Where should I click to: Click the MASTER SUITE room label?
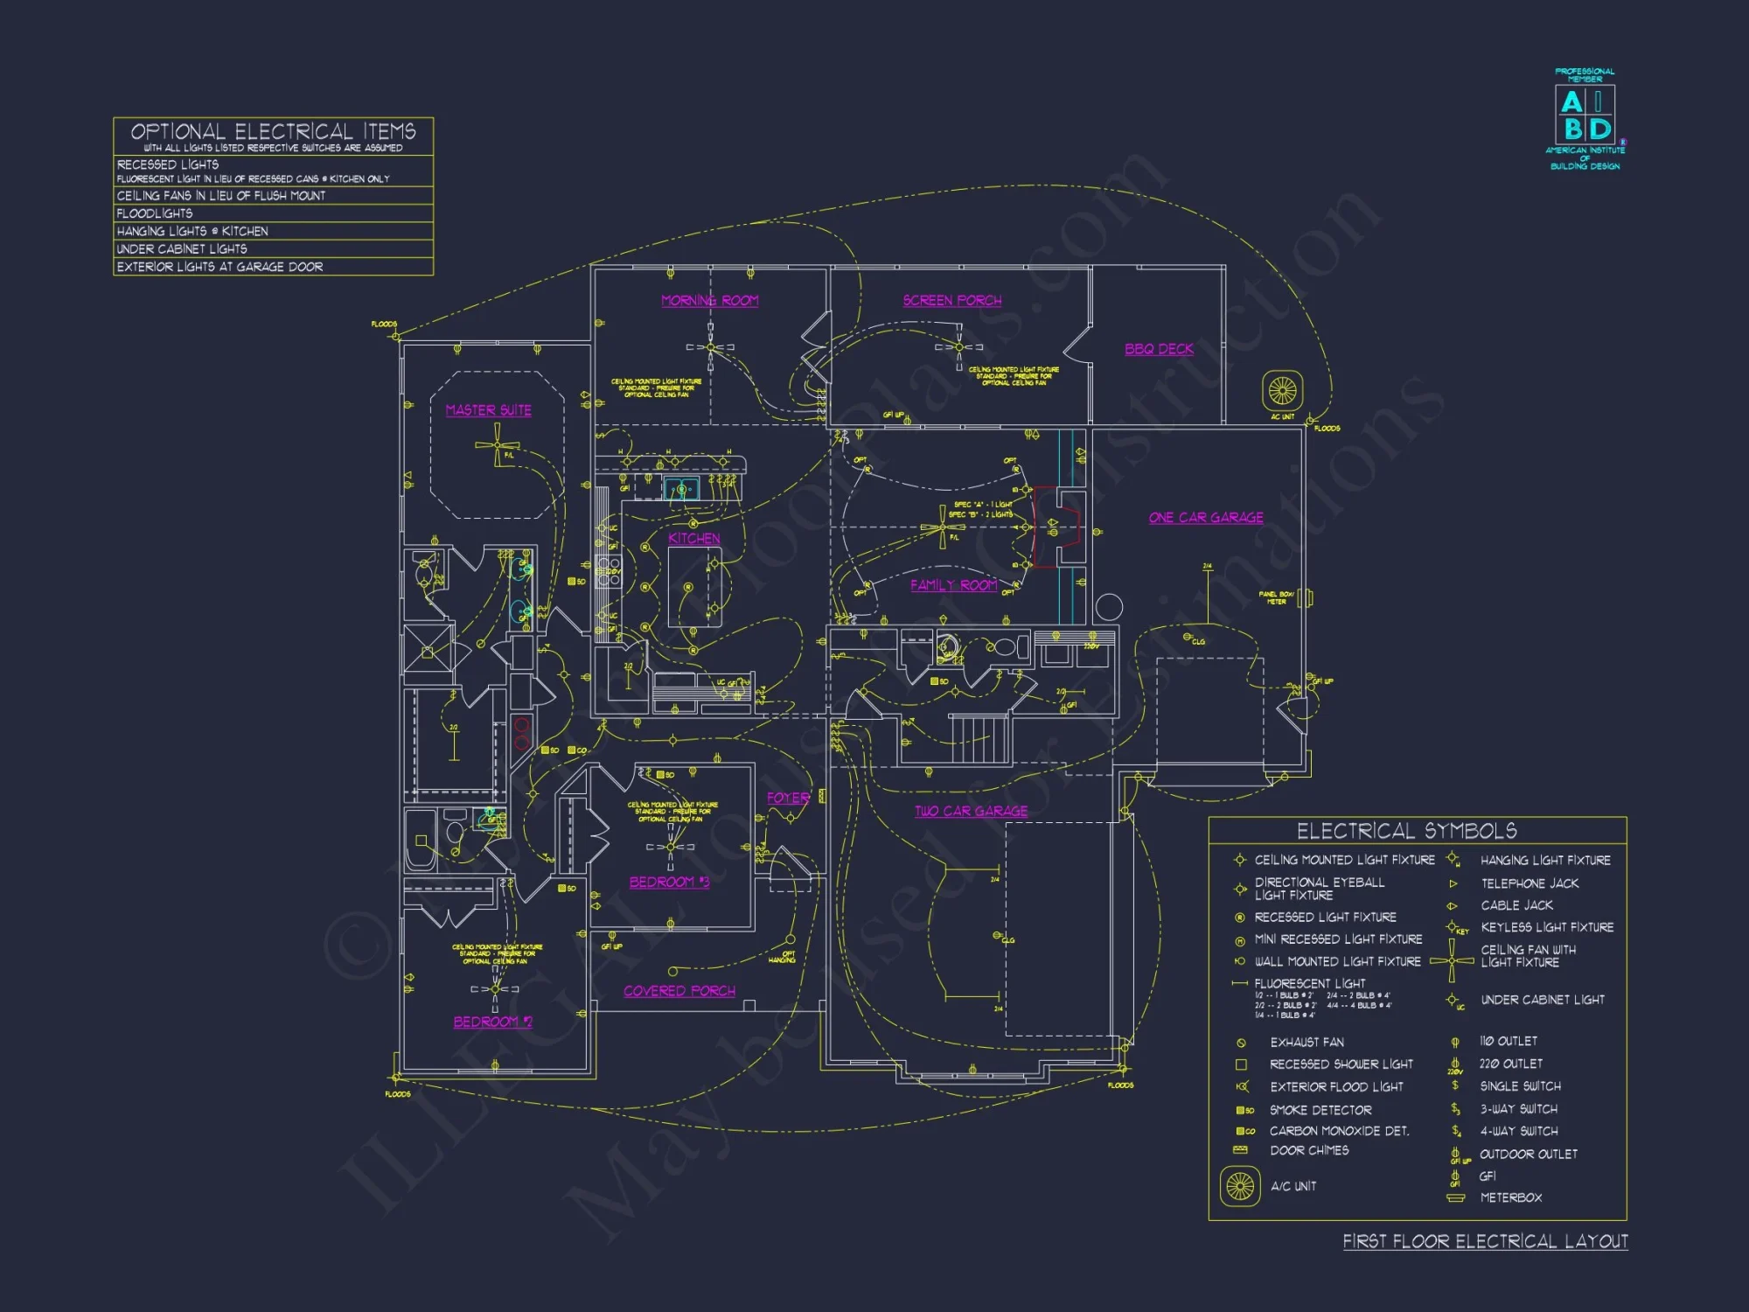[488, 410]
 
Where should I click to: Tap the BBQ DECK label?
[1159, 349]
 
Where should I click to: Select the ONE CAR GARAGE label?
[1206, 518]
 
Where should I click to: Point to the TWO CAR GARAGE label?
[971, 811]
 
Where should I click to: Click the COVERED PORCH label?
[679, 991]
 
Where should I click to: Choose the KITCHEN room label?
[694, 538]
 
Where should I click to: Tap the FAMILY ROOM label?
[953, 585]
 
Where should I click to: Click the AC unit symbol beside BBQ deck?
[1283, 390]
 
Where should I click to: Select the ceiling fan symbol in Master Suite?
[497, 446]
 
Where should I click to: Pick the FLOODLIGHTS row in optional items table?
[155, 213]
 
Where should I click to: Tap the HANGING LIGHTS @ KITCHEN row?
[192, 231]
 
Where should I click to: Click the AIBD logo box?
[1585, 115]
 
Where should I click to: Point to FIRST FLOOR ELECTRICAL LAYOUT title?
[1485, 1241]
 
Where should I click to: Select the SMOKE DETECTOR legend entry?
[1320, 1110]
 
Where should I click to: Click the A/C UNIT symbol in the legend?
[1240, 1186]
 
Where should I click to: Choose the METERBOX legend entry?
[1510, 1197]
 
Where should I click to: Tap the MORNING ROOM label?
[709, 301]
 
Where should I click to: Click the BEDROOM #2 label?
[492, 1022]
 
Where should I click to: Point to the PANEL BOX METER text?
[1276, 597]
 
